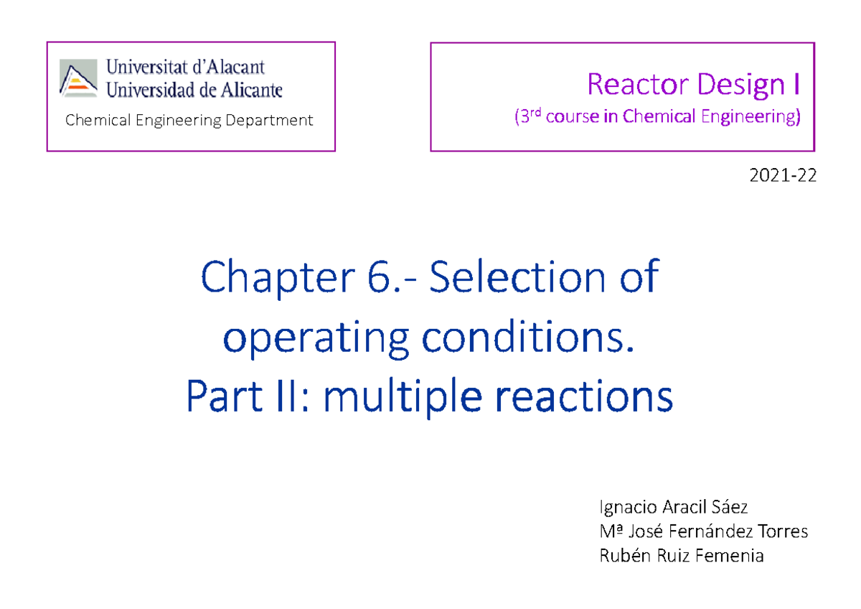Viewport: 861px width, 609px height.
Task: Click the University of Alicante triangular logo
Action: (x=78, y=78)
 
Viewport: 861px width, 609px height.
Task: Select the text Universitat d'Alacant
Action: (x=186, y=67)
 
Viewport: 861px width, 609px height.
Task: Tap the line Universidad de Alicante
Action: (x=194, y=90)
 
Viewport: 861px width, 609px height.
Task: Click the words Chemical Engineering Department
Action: (x=189, y=120)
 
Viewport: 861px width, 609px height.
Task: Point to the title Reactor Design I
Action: (x=693, y=85)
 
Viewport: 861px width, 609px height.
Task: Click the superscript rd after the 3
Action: (x=536, y=112)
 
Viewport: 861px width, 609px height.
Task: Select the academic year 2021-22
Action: (x=788, y=175)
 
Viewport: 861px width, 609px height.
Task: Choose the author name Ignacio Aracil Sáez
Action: (x=673, y=507)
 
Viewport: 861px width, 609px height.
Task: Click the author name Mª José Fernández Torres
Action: (x=703, y=531)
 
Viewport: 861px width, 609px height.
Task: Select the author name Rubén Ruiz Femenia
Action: (x=681, y=555)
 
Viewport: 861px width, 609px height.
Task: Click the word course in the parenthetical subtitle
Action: (x=572, y=116)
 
